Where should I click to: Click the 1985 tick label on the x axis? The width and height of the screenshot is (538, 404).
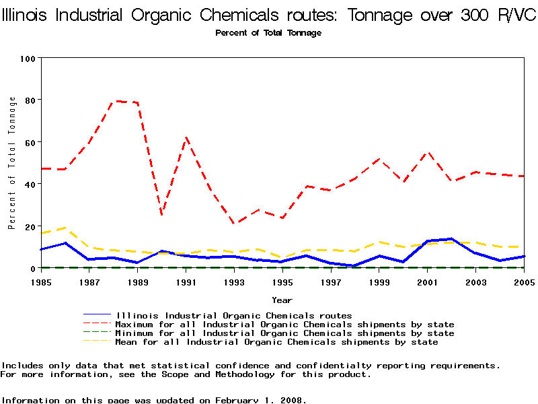point(41,281)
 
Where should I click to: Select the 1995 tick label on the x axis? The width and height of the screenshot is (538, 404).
point(283,281)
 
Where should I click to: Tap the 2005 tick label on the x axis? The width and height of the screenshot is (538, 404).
point(525,281)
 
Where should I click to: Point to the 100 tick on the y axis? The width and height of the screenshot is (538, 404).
point(28,59)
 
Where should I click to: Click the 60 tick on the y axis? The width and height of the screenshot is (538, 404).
point(30,142)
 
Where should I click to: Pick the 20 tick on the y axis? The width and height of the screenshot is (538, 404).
point(30,226)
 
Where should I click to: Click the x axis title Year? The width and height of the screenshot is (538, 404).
point(282,300)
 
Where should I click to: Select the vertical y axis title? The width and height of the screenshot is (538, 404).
point(12,163)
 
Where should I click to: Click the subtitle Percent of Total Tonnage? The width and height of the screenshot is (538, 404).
point(268,33)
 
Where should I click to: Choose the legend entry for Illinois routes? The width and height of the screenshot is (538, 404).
point(234,315)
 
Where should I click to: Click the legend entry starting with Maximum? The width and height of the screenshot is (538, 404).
point(285,325)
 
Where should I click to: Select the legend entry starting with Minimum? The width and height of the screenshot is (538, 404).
point(285,333)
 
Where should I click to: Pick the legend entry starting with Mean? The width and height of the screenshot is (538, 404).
point(277,342)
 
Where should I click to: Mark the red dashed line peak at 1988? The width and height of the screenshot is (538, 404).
point(116,101)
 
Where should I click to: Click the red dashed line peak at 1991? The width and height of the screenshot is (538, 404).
point(186,137)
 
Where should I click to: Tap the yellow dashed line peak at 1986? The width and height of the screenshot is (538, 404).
point(65,228)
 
